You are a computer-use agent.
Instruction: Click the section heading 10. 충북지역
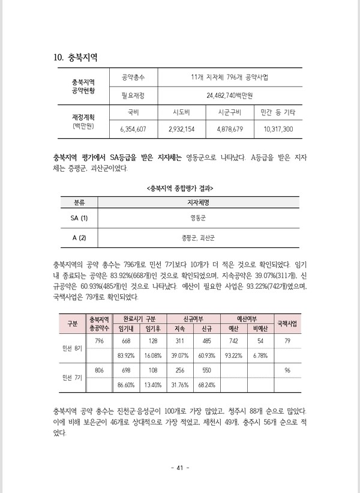pos(76,58)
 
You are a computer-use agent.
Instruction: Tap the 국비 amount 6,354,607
pos(133,129)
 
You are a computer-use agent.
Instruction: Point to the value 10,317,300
pos(278,129)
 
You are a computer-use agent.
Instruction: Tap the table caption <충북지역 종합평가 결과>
pos(180,188)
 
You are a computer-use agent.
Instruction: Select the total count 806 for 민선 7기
pos(99,371)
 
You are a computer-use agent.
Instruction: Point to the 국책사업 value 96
pos(287,371)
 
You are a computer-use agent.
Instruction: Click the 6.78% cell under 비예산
pos(260,355)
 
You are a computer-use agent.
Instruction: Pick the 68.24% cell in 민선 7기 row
pos(206,384)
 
